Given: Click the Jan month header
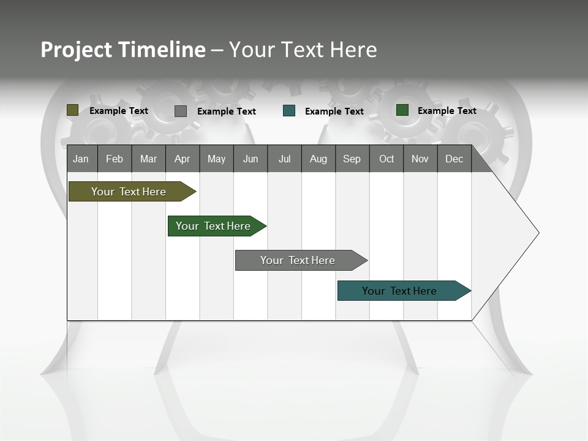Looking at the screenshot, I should (81, 159).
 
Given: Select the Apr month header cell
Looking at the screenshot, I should (183, 159).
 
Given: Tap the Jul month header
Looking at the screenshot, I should (284, 159).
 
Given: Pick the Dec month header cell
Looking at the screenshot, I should (454, 159).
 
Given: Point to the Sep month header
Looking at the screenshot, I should (352, 159).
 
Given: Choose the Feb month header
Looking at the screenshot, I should (115, 159).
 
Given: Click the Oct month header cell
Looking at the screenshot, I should (386, 159).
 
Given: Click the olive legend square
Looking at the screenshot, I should (73, 110).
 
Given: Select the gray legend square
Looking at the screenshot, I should (181, 111).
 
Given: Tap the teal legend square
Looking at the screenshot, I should (289, 111).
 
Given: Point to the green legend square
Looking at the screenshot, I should (402, 110).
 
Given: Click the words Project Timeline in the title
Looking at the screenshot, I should (123, 50).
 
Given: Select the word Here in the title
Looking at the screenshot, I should (353, 50).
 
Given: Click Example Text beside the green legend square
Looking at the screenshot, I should (447, 111).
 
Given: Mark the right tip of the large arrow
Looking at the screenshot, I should (538, 233).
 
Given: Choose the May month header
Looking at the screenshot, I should (216, 159).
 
